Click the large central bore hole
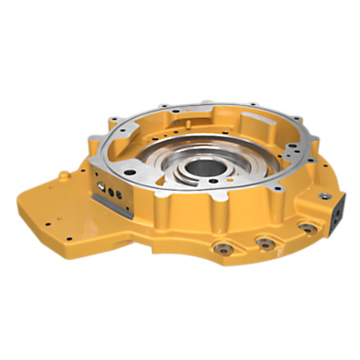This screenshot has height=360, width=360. coord(203,167)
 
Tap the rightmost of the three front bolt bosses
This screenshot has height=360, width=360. coord(306,228)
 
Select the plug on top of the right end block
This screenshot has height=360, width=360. coord(313,194)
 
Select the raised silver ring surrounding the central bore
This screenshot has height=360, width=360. coord(202,181)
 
